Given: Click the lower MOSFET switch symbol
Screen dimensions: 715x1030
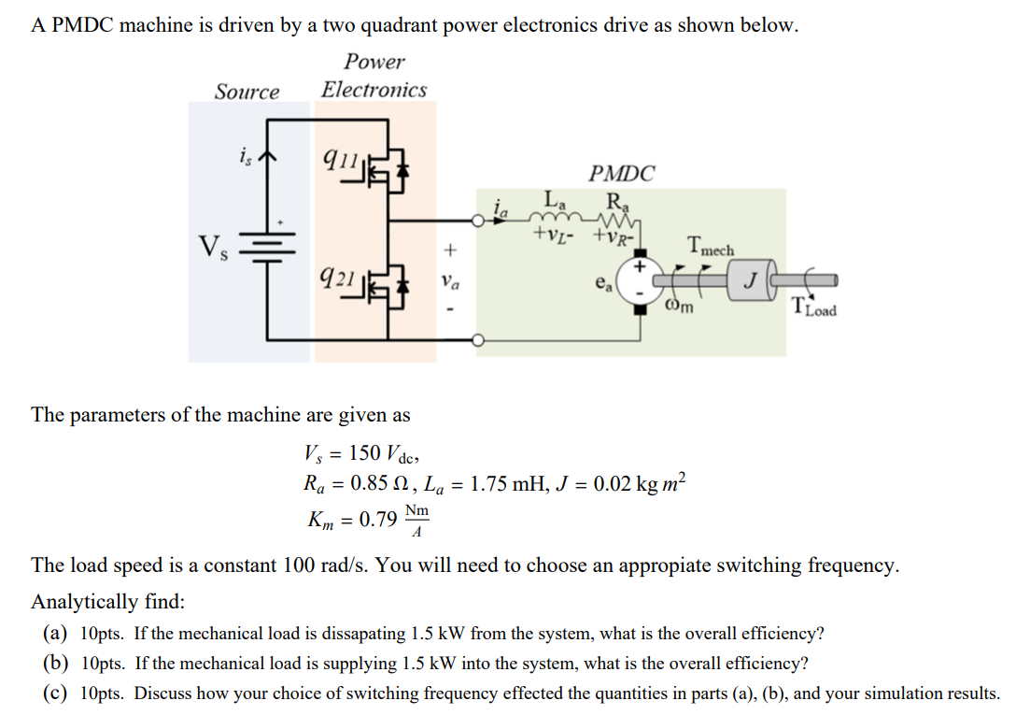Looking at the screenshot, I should pos(389,283).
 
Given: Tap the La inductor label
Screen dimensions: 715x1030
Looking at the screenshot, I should pos(554,199).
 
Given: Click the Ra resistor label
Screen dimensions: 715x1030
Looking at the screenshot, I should pos(616,199).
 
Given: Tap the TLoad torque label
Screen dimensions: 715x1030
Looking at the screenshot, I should pos(813,306).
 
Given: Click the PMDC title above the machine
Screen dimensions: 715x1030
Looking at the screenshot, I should pos(622,173).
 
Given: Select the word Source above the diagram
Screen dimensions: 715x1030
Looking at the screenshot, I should pos(247,92).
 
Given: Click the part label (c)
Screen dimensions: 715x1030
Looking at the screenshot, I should pos(54,694).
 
